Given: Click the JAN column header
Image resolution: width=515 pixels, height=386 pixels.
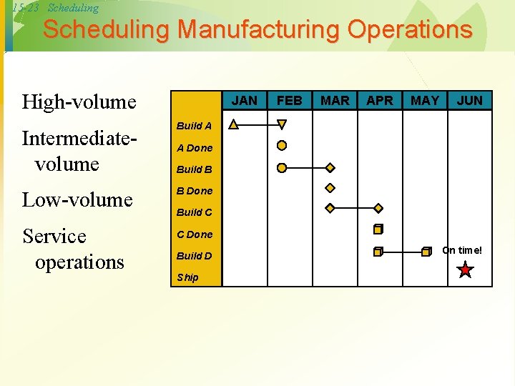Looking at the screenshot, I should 245,100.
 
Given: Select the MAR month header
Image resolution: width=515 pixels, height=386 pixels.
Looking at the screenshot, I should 335,100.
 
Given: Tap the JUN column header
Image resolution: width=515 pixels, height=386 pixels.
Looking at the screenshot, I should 470,100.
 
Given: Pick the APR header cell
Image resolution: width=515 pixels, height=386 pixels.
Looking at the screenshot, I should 380,100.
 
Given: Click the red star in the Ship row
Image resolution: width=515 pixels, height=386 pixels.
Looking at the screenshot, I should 466,270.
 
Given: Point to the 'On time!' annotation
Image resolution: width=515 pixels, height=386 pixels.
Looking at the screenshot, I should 462,250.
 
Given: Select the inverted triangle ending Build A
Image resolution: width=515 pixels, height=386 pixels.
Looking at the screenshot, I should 282,124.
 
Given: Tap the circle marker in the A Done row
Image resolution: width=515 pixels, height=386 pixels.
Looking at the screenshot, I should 282,146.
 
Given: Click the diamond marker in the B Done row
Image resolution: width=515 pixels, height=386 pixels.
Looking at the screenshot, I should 330,189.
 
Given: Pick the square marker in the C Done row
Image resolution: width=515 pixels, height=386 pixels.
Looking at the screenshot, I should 378,229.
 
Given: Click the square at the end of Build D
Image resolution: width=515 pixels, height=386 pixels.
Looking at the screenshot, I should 426,252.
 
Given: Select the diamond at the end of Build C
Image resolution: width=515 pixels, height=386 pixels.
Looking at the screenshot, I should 378,208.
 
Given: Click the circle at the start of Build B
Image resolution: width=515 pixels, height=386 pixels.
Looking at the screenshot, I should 282,168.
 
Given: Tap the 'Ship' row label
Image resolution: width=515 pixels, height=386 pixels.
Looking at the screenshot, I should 187,277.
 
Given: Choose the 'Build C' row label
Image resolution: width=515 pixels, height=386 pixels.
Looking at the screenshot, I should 194,212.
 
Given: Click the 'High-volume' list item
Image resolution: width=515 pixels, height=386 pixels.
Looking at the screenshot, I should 79,102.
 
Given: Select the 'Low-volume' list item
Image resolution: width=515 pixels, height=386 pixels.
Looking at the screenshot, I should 77,199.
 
